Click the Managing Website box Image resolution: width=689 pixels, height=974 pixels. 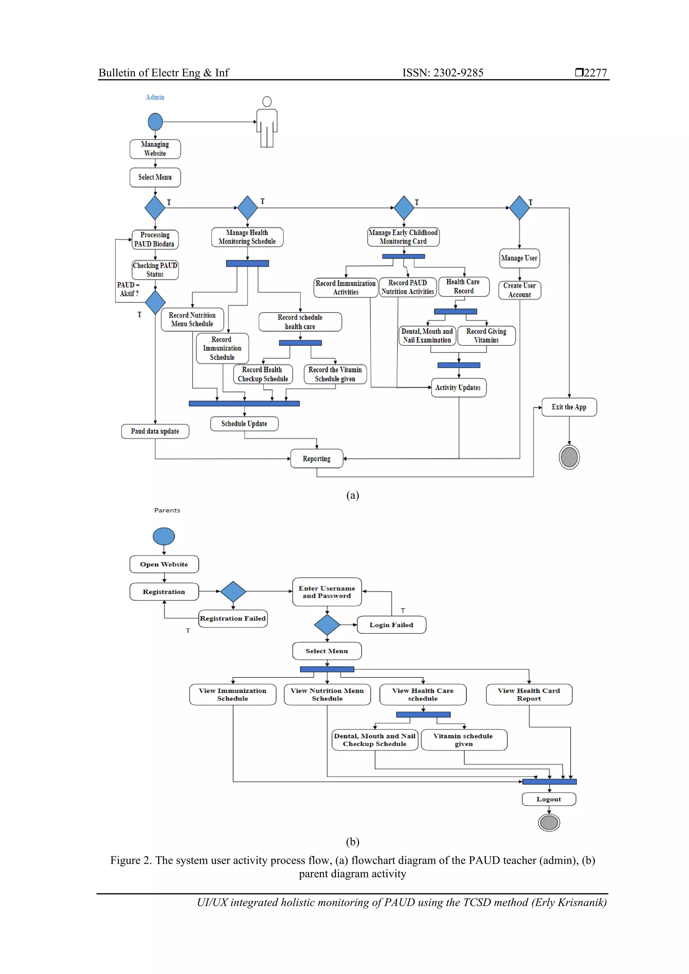(x=155, y=149)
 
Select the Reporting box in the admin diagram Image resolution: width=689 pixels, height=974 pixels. (x=316, y=459)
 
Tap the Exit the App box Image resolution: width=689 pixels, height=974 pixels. (x=569, y=407)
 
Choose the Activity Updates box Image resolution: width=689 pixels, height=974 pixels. (x=458, y=387)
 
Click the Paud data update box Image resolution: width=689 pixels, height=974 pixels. (x=155, y=431)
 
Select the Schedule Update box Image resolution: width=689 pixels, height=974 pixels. (x=244, y=423)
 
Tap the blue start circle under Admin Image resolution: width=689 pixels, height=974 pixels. (x=155, y=122)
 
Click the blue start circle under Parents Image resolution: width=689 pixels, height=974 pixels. (x=164, y=536)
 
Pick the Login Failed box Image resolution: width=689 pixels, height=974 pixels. (x=391, y=625)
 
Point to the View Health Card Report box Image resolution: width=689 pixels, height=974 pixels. (x=529, y=695)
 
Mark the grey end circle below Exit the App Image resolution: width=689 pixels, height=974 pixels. (x=569, y=457)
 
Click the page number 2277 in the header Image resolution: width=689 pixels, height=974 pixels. (x=595, y=73)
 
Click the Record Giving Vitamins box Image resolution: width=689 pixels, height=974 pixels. (x=486, y=336)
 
